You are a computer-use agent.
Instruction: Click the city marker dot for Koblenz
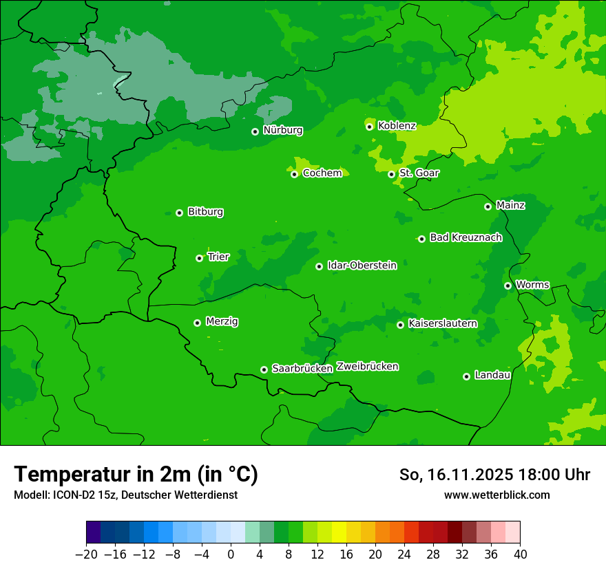(370, 127)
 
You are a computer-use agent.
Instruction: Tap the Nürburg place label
(282, 130)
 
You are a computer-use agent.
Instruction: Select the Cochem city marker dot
(294, 174)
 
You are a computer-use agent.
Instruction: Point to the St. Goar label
(419, 173)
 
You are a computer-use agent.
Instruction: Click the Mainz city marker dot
(488, 206)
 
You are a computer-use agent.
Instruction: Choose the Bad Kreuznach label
(466, 238)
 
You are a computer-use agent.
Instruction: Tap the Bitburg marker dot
(179, 213)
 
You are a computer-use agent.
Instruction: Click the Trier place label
(218, 257)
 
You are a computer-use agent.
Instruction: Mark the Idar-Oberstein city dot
(319, 266)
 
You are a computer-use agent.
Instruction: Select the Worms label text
(532, 285)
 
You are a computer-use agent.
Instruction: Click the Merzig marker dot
(197, 323)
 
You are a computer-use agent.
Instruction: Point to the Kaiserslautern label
(442, 324)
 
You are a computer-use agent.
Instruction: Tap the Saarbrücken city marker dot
(264, 369)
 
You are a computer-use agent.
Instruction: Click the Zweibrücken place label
(367, 367)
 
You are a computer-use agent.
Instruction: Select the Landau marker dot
(466, 376)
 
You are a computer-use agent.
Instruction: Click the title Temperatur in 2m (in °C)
(136, 475)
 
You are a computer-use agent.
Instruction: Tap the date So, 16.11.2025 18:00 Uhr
(494, 475)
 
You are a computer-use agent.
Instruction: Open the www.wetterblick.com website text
(497, 495)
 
